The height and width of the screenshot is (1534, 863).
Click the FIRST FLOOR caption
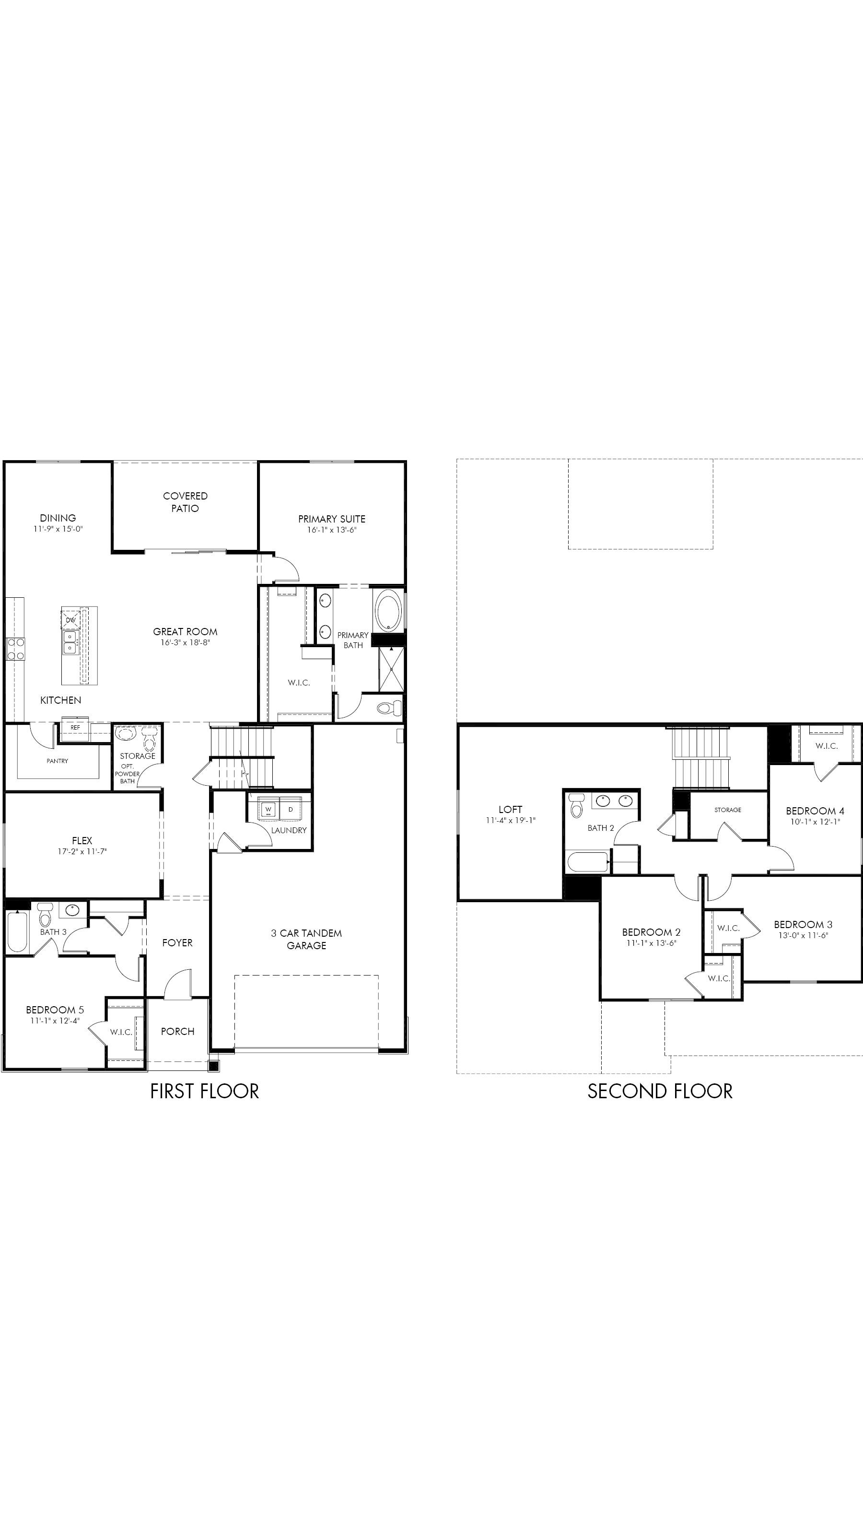tap(204, 1091)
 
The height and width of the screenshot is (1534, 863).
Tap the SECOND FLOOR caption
tap(660, 1091)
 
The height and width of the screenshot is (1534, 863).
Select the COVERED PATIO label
tap(185, 502)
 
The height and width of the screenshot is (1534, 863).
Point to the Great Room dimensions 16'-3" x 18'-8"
tap(185, 642)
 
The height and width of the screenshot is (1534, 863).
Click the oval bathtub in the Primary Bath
tap(389, 610)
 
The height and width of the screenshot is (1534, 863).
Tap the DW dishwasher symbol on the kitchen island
tap(71, 619)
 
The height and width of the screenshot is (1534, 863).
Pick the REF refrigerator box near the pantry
tap(75, 727)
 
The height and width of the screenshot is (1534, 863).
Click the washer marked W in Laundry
tap(268, 809)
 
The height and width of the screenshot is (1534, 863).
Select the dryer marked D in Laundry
tap(291, 809)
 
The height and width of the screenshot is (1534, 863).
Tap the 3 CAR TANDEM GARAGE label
tap(307, 939)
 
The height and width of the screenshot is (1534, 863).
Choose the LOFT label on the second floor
tap(511, 809)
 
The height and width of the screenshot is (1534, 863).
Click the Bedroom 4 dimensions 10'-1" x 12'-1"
tap(815, 822)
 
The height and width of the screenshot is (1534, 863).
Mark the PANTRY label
tap(57, 761)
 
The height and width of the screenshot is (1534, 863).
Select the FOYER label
tap(177, 942)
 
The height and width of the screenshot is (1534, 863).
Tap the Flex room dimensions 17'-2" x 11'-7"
tap(82, 851)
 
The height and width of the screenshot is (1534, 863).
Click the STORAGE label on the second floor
tap(728, 810)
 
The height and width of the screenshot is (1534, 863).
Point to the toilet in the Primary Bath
tap(390, 709)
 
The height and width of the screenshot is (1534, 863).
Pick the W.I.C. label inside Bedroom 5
tap(121, 1032)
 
